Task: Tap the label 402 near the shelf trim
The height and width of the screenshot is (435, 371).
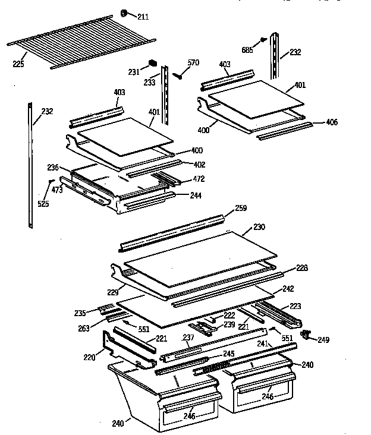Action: (x=200, y=165)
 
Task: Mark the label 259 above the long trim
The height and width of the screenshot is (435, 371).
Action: (x=240, y=208)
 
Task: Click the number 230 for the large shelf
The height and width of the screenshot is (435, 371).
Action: (x=260, y=226)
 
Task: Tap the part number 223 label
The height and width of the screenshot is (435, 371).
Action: (x=295, y=306)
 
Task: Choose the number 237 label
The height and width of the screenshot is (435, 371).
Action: (x=188, y=338)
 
